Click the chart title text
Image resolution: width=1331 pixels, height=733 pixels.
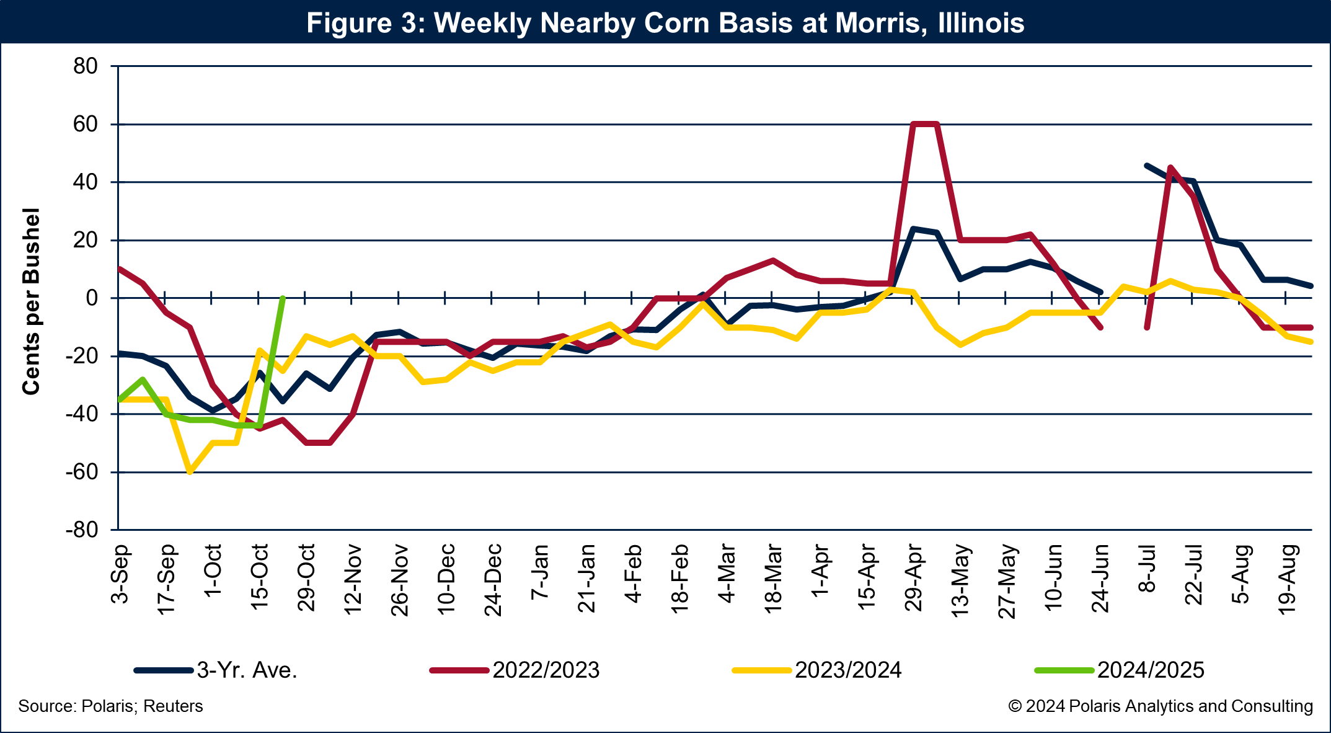[665, 23]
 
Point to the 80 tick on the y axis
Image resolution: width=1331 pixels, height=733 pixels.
[86, 66]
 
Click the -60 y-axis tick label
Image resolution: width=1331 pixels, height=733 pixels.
[82, 473]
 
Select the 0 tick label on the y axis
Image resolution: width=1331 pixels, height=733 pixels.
[92, 298]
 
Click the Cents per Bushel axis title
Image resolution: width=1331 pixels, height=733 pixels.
[31, 301]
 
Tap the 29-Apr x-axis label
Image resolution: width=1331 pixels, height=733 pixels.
[914, 578]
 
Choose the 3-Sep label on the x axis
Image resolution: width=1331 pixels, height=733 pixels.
[120, 574]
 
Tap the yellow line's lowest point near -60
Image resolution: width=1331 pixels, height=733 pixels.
[190, 472]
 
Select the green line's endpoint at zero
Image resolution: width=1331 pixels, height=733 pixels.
[283, 298]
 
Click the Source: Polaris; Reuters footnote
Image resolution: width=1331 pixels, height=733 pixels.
[110, 706]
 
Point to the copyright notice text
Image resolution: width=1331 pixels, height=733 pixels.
[1160, 706]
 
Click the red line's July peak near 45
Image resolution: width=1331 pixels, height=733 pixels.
[1170, 167]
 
